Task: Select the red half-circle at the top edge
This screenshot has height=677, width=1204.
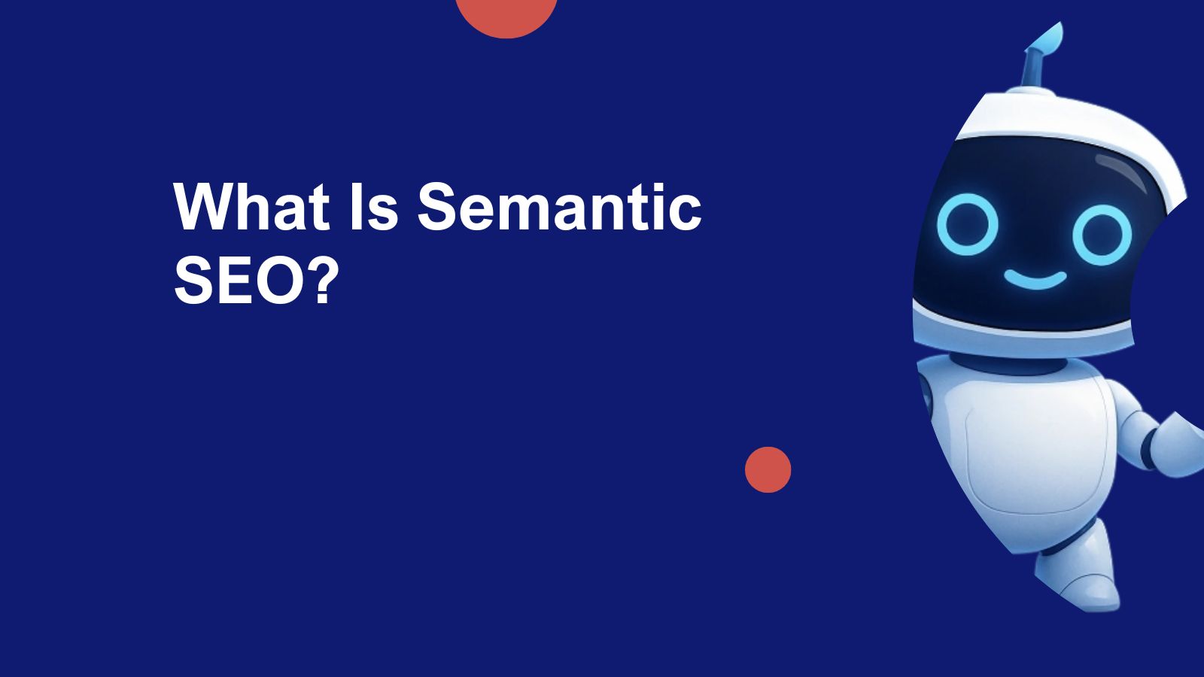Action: [x=506, y=15]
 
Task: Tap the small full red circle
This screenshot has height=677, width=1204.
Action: [x=768, y=470]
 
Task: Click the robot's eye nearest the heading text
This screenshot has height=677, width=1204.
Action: [x=967, y=224]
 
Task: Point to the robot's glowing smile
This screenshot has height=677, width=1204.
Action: [x=1035, y=280]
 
